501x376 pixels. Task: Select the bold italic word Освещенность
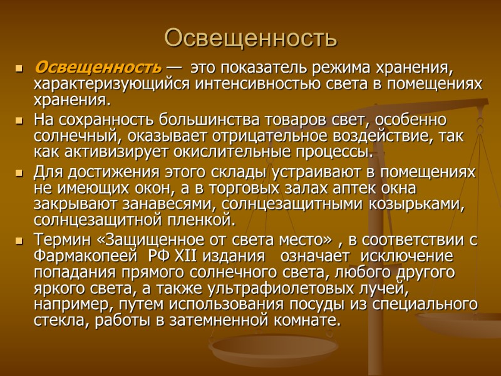point(98,67)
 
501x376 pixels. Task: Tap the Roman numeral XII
point(185,256)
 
